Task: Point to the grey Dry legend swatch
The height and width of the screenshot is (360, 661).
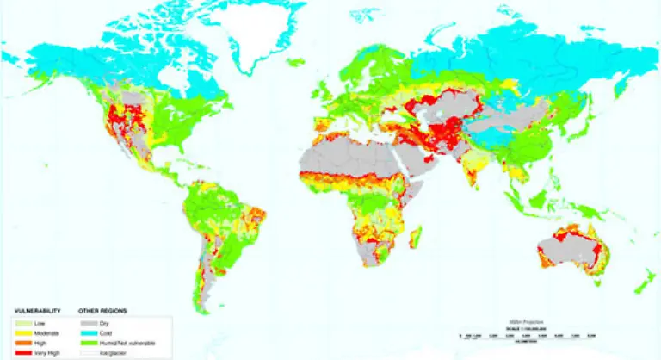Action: (85, 320)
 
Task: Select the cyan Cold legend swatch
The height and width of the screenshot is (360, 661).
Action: (85, 329)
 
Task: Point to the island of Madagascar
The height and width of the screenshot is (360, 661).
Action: (417, 233)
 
